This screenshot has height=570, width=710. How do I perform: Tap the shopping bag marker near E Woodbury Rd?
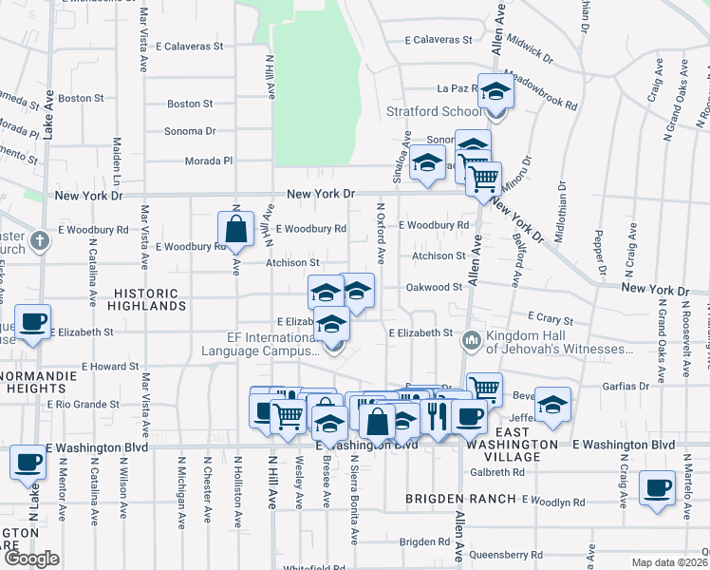pyautogui.click(x=235, y=229)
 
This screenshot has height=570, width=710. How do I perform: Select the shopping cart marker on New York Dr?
pyautogui.click(x=485, y=178)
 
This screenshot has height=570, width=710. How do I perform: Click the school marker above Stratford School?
pyautogui.click(x=495, y=91)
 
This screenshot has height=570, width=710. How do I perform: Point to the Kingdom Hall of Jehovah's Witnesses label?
pyautogui.click(x=559, y=342)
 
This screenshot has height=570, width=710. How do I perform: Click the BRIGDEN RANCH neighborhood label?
pyautogui.click(x=446, y=498)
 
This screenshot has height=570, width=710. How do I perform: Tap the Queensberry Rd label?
pyautogui.click(x=510, y=555)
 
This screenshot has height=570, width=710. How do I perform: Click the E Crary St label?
pyautogui.click(x=551, y=320)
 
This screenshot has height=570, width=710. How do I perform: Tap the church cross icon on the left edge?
pyautogui.click(x=40, y=239)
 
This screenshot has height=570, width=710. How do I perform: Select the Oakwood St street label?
pyautogui.click(x=433, y=286)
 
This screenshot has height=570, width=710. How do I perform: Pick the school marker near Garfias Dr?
pyautogui.click(x=552, y=405)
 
